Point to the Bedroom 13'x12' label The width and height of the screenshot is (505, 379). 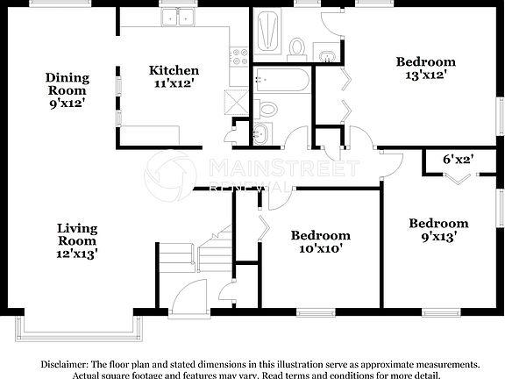click(426, 68)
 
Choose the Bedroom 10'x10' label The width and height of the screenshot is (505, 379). click(321, 241)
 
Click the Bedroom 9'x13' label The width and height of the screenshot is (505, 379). click(438, 230)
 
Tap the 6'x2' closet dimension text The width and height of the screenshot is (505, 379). click(458, 160)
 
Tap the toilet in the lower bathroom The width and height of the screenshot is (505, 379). click(267, 109)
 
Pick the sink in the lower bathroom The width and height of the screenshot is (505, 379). click(260, 135)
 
